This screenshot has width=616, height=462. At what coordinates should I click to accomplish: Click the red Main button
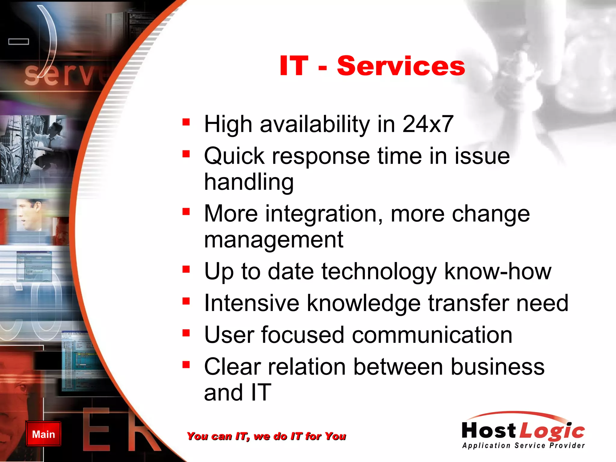pyautogui.click(x=43, y=434)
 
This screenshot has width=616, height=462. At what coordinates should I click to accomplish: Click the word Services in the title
pyautogui.click(x=401, y=66)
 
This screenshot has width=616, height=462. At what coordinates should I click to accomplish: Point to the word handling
pyautogui.click(x=249, y=182)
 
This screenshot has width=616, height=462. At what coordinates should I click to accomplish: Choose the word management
pyautogui.click(x=273, y=240)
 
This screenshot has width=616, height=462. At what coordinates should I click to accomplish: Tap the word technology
pyautogui.click(x=379, y=272)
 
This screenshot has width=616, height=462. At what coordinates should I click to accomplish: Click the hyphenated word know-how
pyautogui.click(x=498, y=272)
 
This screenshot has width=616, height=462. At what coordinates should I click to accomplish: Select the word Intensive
pyautogui.click(x=251, y=303)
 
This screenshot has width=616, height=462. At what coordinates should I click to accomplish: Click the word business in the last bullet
pyautogui.click(x=497, y=367)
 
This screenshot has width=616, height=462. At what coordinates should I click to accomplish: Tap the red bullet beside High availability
pyautogui.click(x=186, y=122)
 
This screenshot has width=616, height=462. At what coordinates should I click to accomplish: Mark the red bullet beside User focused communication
pyautogui.click(x=186, y=333)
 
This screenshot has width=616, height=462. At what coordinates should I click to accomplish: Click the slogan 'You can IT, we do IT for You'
pyautogui.click(x=266, y=436)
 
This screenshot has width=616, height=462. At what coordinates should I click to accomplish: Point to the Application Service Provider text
pyautogui.click(x=523, y=445)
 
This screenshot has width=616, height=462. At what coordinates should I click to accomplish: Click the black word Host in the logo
pyautogui.click(x=489, y=430)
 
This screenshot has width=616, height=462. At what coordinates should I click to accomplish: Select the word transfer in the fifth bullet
pyautogui.click(x=468, y=303)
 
